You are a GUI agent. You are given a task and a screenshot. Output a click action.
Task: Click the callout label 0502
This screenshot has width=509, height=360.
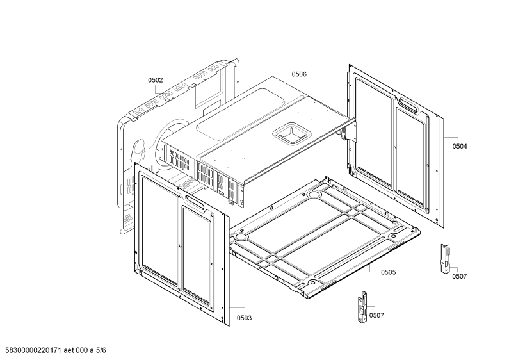coord(156,80)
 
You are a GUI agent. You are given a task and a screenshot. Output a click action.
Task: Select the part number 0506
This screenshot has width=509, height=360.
coord(299,74)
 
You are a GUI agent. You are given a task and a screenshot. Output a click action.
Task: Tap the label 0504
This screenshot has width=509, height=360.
coord(460,147)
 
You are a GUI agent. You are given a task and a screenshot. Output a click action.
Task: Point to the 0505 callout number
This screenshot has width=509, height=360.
coord(389,272)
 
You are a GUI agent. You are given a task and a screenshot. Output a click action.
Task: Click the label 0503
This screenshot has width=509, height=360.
coord(244,318)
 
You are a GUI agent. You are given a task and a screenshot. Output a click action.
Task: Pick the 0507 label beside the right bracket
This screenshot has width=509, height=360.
coord(460,277)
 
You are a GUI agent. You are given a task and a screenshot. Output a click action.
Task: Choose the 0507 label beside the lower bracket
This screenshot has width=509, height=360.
coord(376,316)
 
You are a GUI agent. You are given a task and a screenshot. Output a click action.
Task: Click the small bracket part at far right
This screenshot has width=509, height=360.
coord(445,258)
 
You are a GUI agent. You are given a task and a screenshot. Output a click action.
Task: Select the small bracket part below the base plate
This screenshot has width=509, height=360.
coord(362,307)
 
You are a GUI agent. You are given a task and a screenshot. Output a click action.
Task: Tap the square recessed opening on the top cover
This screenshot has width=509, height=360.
coord(292,133)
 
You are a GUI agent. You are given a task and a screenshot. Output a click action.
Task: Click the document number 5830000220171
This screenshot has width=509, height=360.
coord(33,350)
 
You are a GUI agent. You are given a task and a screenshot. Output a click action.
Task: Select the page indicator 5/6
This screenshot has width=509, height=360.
coord(101,350)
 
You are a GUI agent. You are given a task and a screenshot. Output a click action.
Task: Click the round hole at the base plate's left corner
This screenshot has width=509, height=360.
coord(241,236)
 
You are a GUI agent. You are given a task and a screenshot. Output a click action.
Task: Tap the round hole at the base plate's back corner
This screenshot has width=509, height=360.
coord(314,195)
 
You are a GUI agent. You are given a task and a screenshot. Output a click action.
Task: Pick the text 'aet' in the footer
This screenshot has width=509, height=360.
coord(69,350)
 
